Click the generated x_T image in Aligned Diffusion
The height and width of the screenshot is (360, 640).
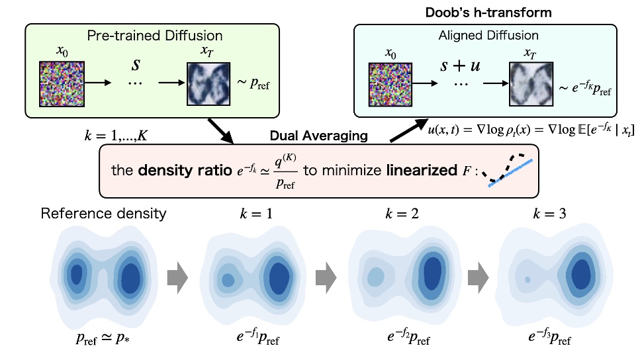click(531, 83)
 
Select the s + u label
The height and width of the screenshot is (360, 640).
click(463, 67)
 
